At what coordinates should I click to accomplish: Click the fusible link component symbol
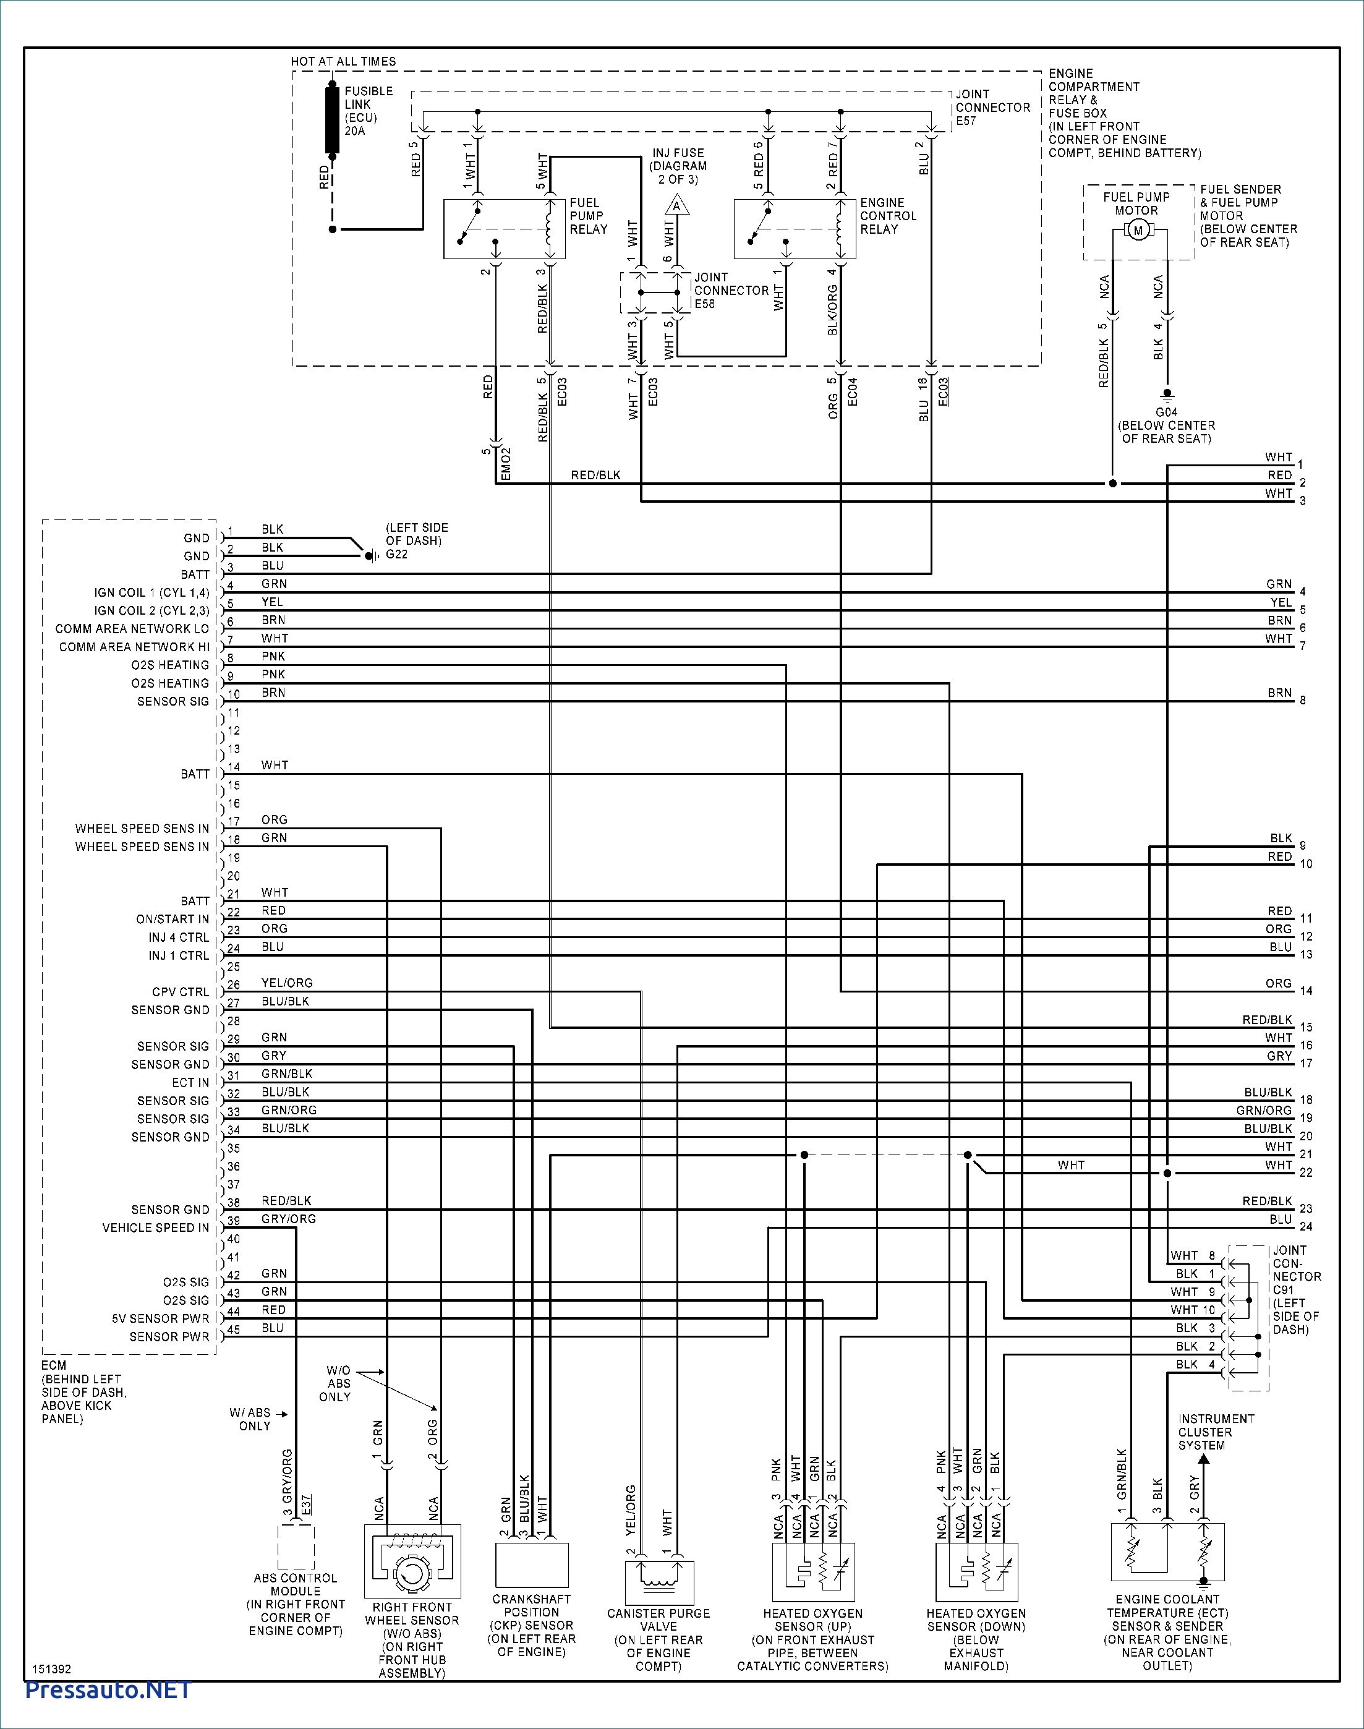pyautogui.click(x=332, y=120)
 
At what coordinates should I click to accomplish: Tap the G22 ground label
pyautogui.click(x=397, y=554)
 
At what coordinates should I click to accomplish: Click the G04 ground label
pyautogui.click(x=1167, y=412)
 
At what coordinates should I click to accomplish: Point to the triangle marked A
pyautogui.click(x=677, y=206)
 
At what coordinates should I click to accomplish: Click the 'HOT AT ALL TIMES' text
pyautogui.click(x=343, y=61)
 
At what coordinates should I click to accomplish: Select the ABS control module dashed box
pyautogui.click(x=296, y=1548)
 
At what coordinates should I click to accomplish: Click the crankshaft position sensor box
pyautogui.click(x=532, y=1565)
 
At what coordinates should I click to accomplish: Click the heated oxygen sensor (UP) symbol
pyautogui.click(x=813, y=1572)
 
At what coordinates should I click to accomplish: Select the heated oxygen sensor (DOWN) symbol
pyautogui.click(x=976, y=1572)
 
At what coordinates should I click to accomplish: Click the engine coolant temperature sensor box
pyautogui.click(x=1167, y=1553)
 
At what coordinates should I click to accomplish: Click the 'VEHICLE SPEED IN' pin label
pyautogui.click(x=156, y=1227)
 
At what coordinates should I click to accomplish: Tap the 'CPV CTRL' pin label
pyautogui.click(x=181, y=992)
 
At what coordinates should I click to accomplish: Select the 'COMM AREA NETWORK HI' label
pyautogui.click(x=134, y=647)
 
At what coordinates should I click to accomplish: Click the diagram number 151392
pyautogui.click(x=51, y=1669)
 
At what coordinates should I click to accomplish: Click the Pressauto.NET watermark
pyautogui.click(x=109, y=1690)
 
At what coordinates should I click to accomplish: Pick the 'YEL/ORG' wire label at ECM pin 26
pyautogui.click(x=287, y=983)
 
